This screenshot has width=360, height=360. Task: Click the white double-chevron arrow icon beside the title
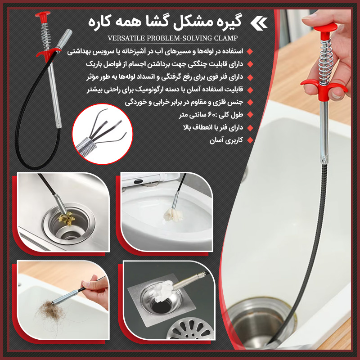tap(259, 24)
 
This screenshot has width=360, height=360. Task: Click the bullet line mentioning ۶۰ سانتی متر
tap(211, 115)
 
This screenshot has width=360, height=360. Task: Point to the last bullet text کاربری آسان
tap(226, 140)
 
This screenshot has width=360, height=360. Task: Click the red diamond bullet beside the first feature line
tap(250, 51)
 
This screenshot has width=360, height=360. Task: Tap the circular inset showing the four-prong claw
tap(103, 134)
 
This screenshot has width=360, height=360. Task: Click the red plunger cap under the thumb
tap(326, 29)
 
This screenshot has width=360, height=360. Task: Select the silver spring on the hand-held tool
tap(325, 60)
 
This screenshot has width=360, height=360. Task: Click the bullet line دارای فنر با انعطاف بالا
tap(213, 127)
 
